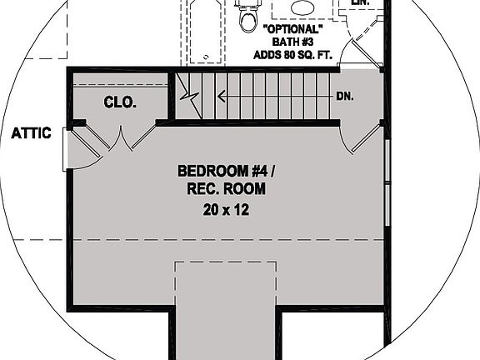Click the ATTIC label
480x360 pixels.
(x=32, y=132)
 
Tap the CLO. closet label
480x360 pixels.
(x=120, y=103)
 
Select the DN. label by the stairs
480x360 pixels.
(x=345, y=96)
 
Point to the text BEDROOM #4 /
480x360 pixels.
(x=225, y=172)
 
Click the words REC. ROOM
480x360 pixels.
(x=226, y=190)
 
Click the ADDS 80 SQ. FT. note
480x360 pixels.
(x=292, y=55)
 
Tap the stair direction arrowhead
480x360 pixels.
(x=222, y=96)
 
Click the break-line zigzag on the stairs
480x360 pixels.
(x=193, y=96)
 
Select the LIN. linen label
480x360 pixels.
(x=360, y=3)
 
